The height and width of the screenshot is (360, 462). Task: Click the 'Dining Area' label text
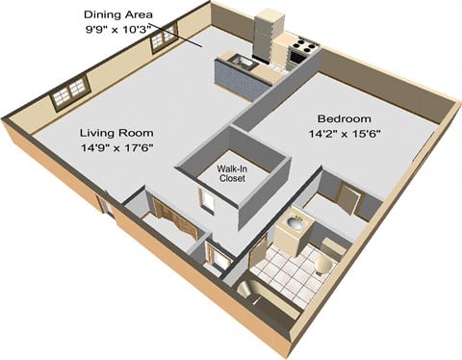pos(119,13)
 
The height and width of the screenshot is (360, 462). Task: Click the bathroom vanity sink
pos(294,228)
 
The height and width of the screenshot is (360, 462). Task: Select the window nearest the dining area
pos(165,39)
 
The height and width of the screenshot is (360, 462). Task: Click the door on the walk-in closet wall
pos(206,198)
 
